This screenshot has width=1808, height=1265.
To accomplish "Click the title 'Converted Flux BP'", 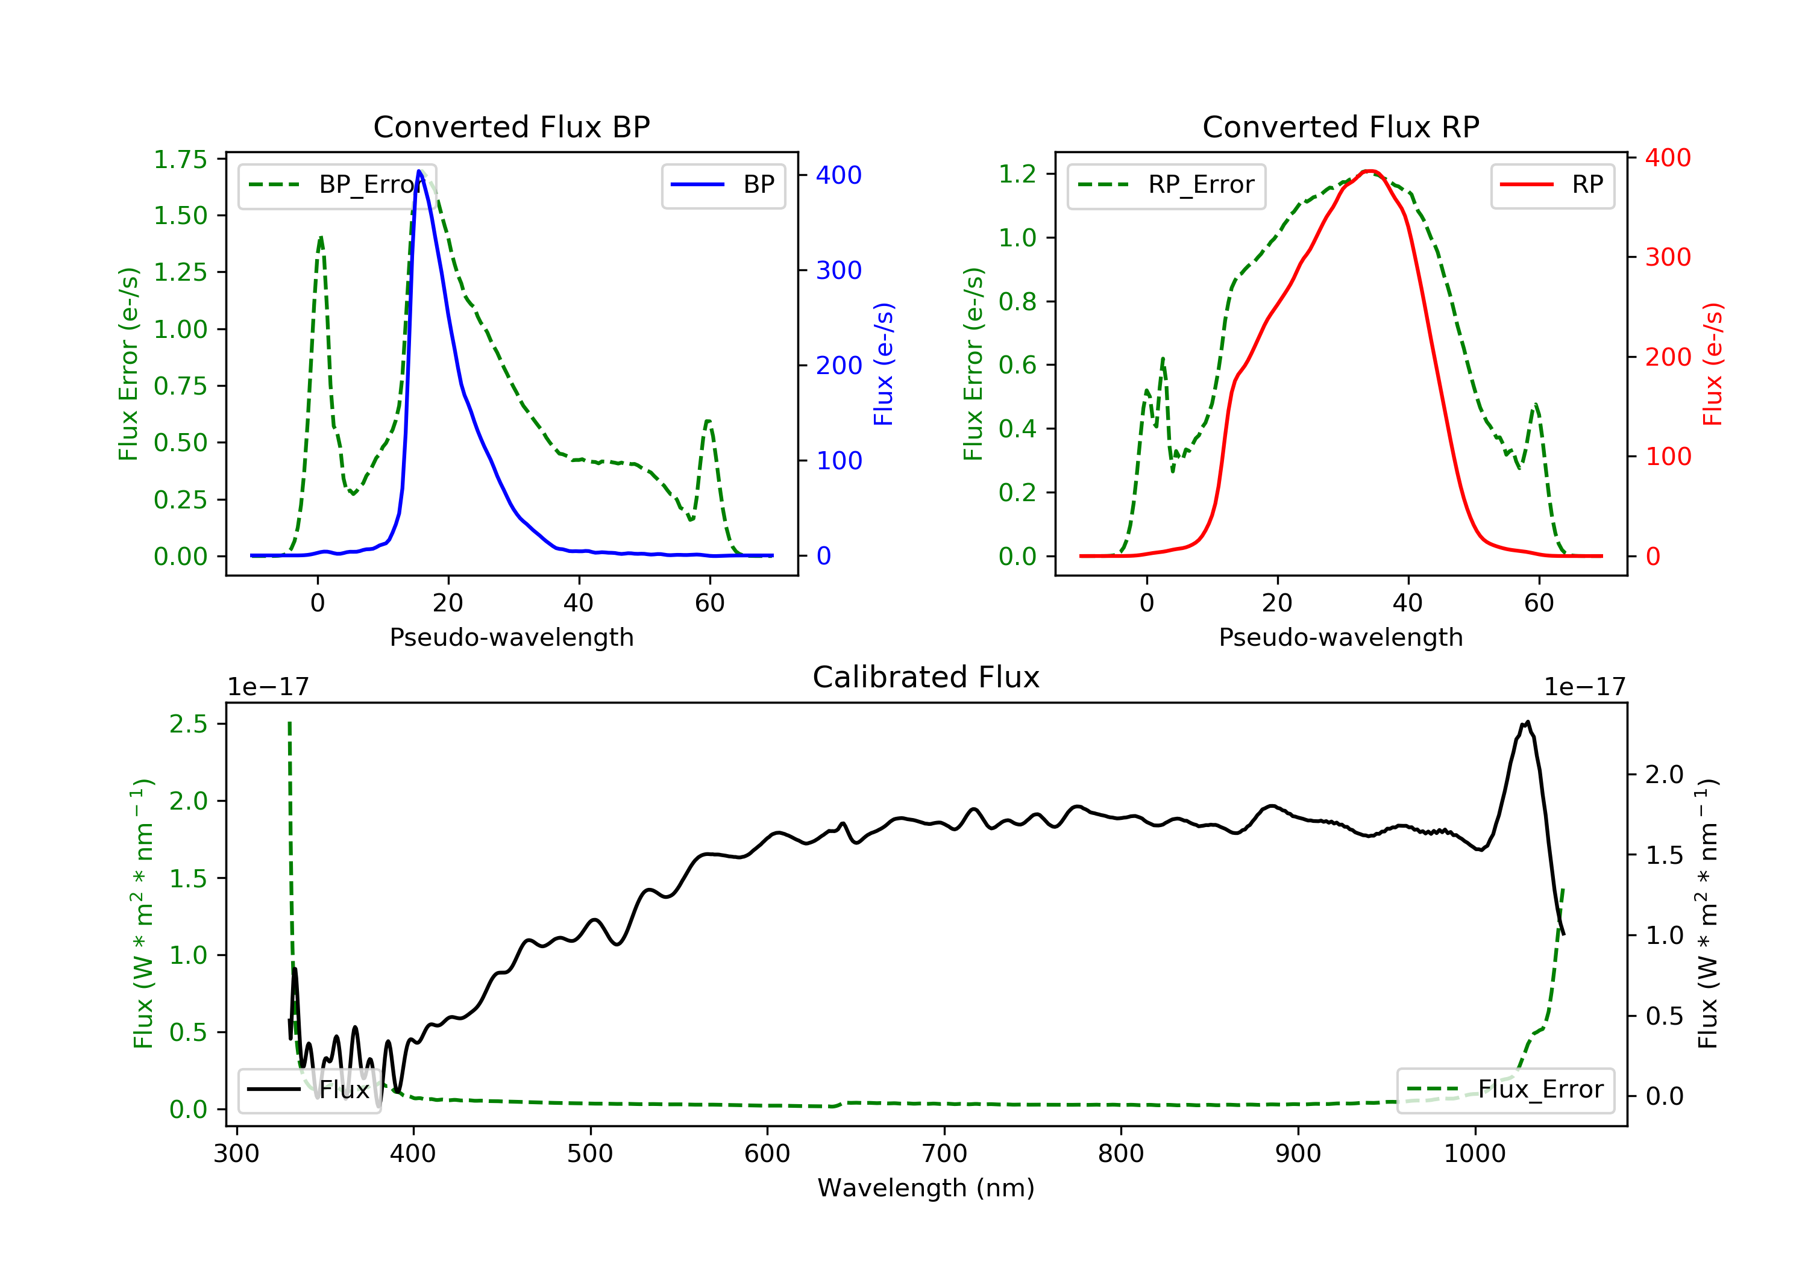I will point(511,126).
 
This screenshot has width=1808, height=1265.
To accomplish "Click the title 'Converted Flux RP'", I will point(1340,126).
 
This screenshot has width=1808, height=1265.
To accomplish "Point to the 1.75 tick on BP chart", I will point(180,160).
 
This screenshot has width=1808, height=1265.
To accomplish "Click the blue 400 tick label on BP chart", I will point(839,175).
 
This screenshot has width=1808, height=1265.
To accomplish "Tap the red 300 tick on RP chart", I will point(1668,257).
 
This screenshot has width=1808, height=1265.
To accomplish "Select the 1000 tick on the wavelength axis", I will point(1474,1154).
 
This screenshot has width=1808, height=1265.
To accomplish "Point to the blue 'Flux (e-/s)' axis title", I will point(884,364).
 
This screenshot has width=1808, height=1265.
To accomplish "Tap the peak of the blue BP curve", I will point(419,171).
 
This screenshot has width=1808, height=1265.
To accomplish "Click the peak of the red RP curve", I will point(1369,171).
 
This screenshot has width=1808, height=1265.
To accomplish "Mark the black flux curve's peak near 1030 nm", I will point(1527,722).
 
